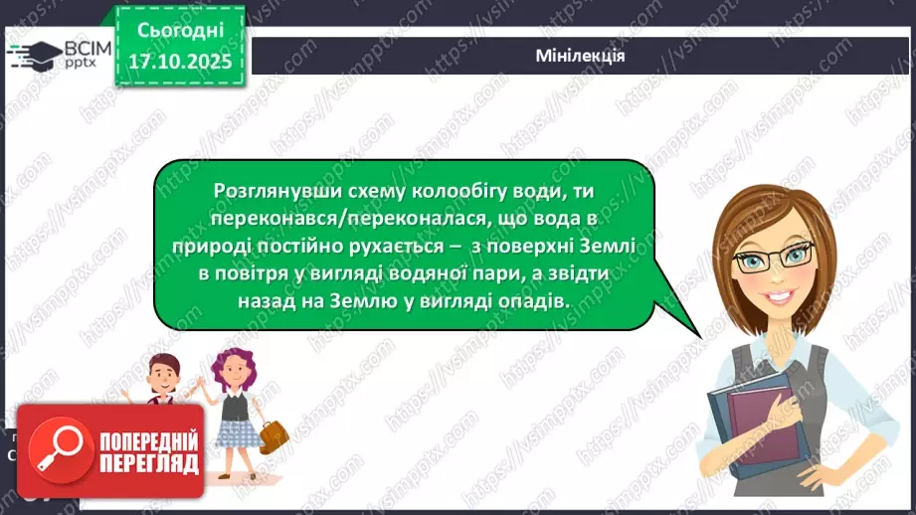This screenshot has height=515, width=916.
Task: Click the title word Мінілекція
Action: tap(579, 55)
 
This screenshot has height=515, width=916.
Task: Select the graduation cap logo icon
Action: tap(32, 54)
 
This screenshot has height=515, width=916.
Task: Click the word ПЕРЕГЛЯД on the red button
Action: tap(149, 463)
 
